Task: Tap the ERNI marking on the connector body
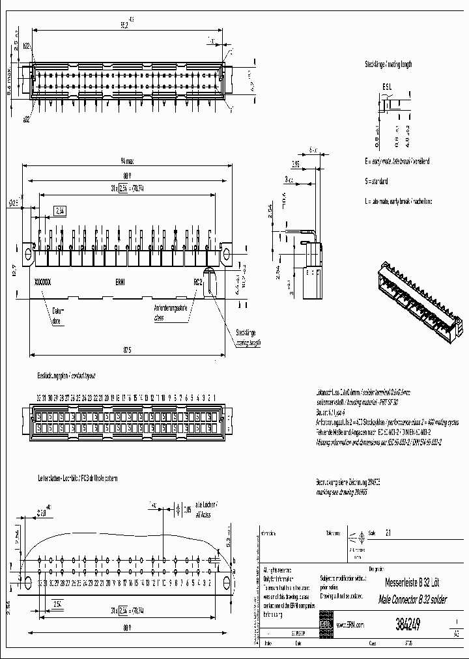click(121, 283)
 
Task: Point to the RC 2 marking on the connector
click(198, 283)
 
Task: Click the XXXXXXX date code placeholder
click(42, 283)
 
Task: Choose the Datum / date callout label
click(59, 316)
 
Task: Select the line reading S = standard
click(377, 181)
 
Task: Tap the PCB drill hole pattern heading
click(78, 478)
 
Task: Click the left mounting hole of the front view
click(28, 252)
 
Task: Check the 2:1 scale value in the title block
click(389, 531)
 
